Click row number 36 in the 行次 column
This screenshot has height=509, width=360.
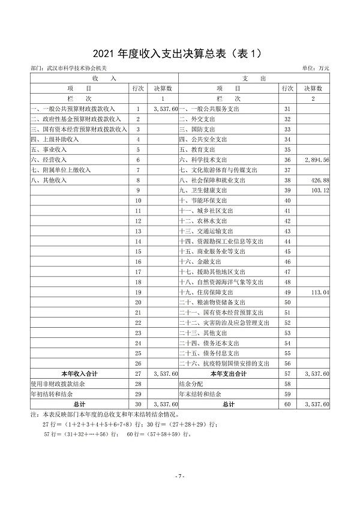click(287, 160)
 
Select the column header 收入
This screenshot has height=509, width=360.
click(95, 79)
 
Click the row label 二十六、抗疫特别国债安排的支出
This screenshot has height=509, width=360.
click(225, 364)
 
